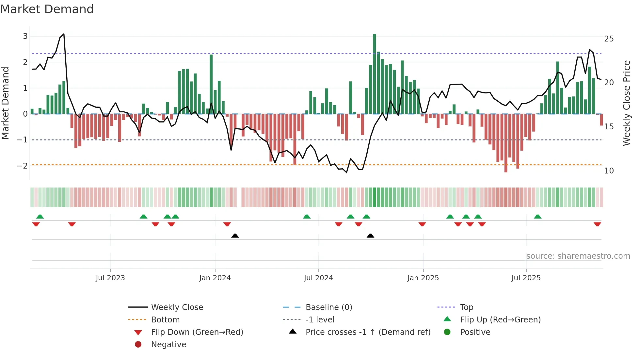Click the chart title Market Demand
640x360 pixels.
tap(47, 9)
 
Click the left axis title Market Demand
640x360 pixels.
tap(5, 103)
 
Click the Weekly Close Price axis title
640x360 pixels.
tap(626, 103)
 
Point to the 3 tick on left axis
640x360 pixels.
tap(25, 36)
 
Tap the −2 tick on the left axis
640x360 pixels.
tap(23, 166)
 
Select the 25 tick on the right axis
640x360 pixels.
tap(609, 39)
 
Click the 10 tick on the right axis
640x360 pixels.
tap(609, 171)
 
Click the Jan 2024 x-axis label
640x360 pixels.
tap(215, 278)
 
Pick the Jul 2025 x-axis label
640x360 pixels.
tap(526, 278)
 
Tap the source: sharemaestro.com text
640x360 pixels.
tap(578, 256)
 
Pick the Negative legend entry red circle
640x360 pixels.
tap(138, 345)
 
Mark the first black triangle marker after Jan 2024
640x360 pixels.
tap(235, 236)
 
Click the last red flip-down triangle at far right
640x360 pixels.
tap(597, 224)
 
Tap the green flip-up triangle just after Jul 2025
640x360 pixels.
tap(537, 217)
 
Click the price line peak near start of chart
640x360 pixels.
tap(64, 34)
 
